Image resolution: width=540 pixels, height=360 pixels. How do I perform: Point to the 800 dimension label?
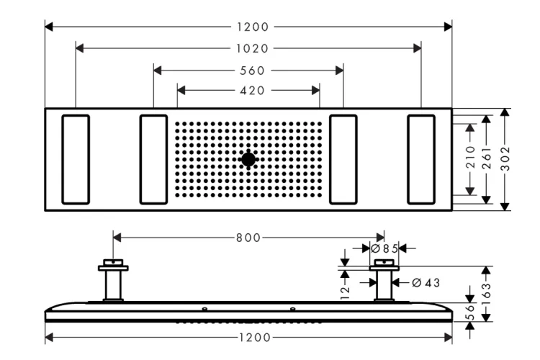pyautogui.click(x=248, y=237)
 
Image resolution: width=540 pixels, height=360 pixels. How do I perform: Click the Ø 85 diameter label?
pyautogui.click(x=384, y=248)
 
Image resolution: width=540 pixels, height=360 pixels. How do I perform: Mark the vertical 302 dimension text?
pyautogui.click(x=506, y=159)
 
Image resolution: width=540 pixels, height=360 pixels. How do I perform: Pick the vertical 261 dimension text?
pyautogui.click(x=488, y=159)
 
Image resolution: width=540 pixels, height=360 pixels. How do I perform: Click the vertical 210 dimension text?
pyautogui.click(x=471, y=159)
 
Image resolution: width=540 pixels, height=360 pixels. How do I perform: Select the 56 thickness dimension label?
pyautogui.click(x=470, y=311)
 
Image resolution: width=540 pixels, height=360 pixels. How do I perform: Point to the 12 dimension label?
pyautogui.click(x=346, y=289)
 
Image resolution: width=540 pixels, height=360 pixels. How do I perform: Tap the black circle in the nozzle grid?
pyautogui.click(x=248, y=159)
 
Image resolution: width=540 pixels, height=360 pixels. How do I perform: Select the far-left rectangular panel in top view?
pyautogui.click(x=76, y=159)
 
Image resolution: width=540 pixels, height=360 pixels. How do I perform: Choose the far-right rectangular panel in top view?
pyautogui.click(x=421, y=159)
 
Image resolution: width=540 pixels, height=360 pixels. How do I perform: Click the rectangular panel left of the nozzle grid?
pyautogui.click(x=153, y=159)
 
